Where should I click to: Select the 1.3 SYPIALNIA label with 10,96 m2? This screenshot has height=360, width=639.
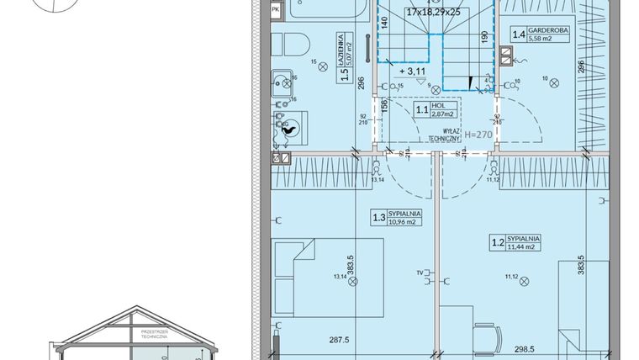point(396,219)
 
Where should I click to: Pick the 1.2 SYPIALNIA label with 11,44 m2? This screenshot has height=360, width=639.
point(515,244)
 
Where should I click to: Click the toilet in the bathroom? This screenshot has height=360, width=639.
point(290,43)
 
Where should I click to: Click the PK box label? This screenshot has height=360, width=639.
point(277,9)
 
